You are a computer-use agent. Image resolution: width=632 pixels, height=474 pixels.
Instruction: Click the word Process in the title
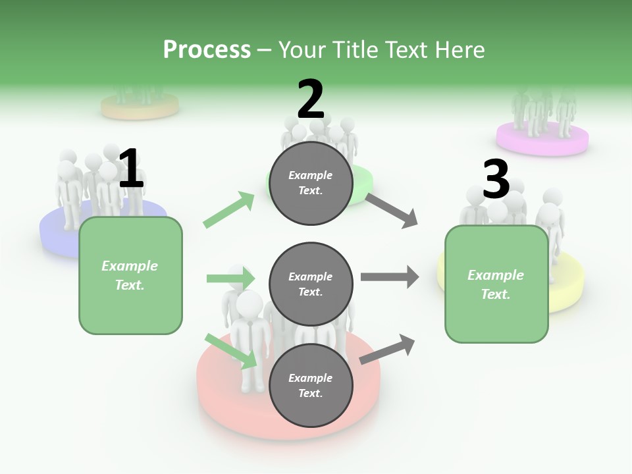(x=207, y=50)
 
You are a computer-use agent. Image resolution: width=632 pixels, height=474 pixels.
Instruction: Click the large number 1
(x=131, y=169)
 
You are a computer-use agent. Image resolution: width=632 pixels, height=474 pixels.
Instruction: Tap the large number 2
(x=311, y=99)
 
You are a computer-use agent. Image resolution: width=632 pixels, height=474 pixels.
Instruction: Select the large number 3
(x=496, y=180)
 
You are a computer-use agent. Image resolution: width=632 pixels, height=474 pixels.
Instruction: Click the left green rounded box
(x=130, y=275)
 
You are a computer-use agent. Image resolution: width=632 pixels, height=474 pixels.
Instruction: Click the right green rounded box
(x=496, y=284)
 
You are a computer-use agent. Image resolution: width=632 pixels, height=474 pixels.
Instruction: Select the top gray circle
(x=311, y=183)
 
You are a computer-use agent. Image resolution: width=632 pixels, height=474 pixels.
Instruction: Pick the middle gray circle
(x=311, y=284)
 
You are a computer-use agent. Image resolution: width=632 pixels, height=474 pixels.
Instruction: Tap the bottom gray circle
(x=311, y=386)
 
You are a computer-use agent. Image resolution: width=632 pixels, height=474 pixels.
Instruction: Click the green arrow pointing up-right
(x=229, y=210)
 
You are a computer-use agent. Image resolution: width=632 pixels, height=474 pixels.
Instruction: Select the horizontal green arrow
(x=230, y=278)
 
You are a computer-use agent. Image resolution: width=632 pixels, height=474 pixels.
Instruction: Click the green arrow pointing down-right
(x=230, y=351)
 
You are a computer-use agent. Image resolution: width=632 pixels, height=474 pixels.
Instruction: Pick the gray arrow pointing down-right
(x=392, y=210)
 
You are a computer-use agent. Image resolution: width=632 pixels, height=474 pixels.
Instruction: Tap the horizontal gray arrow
(x=389, y=277)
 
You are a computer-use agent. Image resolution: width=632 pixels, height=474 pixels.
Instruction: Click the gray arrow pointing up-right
(x=387, y=350)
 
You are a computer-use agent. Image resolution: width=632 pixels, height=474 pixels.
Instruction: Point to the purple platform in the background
(x=542, y=141)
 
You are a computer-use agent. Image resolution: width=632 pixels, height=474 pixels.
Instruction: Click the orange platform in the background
(x=140, y=107)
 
